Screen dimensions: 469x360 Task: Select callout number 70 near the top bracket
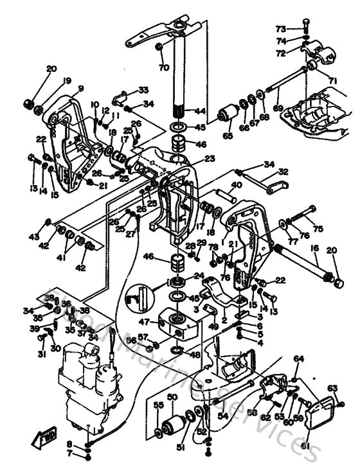pos(163,67)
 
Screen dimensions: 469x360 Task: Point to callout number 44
pos(201,111)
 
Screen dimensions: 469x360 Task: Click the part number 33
pos(143,89)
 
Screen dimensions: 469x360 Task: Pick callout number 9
pos(81,89)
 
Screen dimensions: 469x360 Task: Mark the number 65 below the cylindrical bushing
pos(228,136)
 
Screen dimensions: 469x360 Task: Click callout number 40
pos(236,185)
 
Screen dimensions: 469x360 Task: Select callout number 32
pos(282,172)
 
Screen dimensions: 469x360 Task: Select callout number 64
pos(298,358)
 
